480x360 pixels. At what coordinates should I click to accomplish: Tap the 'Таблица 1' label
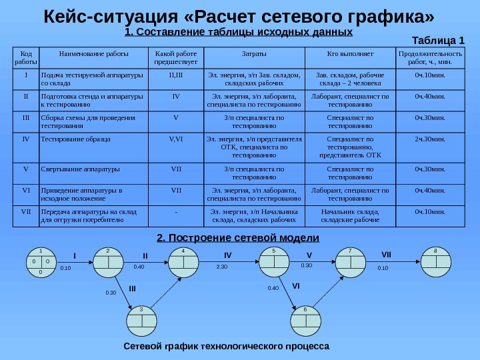(439, 40)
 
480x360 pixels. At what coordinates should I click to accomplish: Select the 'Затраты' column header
(253, 53)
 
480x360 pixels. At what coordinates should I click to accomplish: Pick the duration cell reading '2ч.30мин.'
(429, 140)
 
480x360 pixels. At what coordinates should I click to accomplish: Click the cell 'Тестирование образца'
(76, 140)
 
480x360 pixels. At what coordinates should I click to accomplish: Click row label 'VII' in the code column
(26, 212)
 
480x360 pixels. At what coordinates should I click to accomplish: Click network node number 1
(40, 261)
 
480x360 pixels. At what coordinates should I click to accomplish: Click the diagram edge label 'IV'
(227, 255)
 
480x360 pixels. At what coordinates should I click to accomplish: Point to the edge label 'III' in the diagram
(132, 288)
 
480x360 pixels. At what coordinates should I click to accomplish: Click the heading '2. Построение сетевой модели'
(238, 238)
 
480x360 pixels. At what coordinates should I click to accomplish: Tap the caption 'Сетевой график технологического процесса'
(227, 347)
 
